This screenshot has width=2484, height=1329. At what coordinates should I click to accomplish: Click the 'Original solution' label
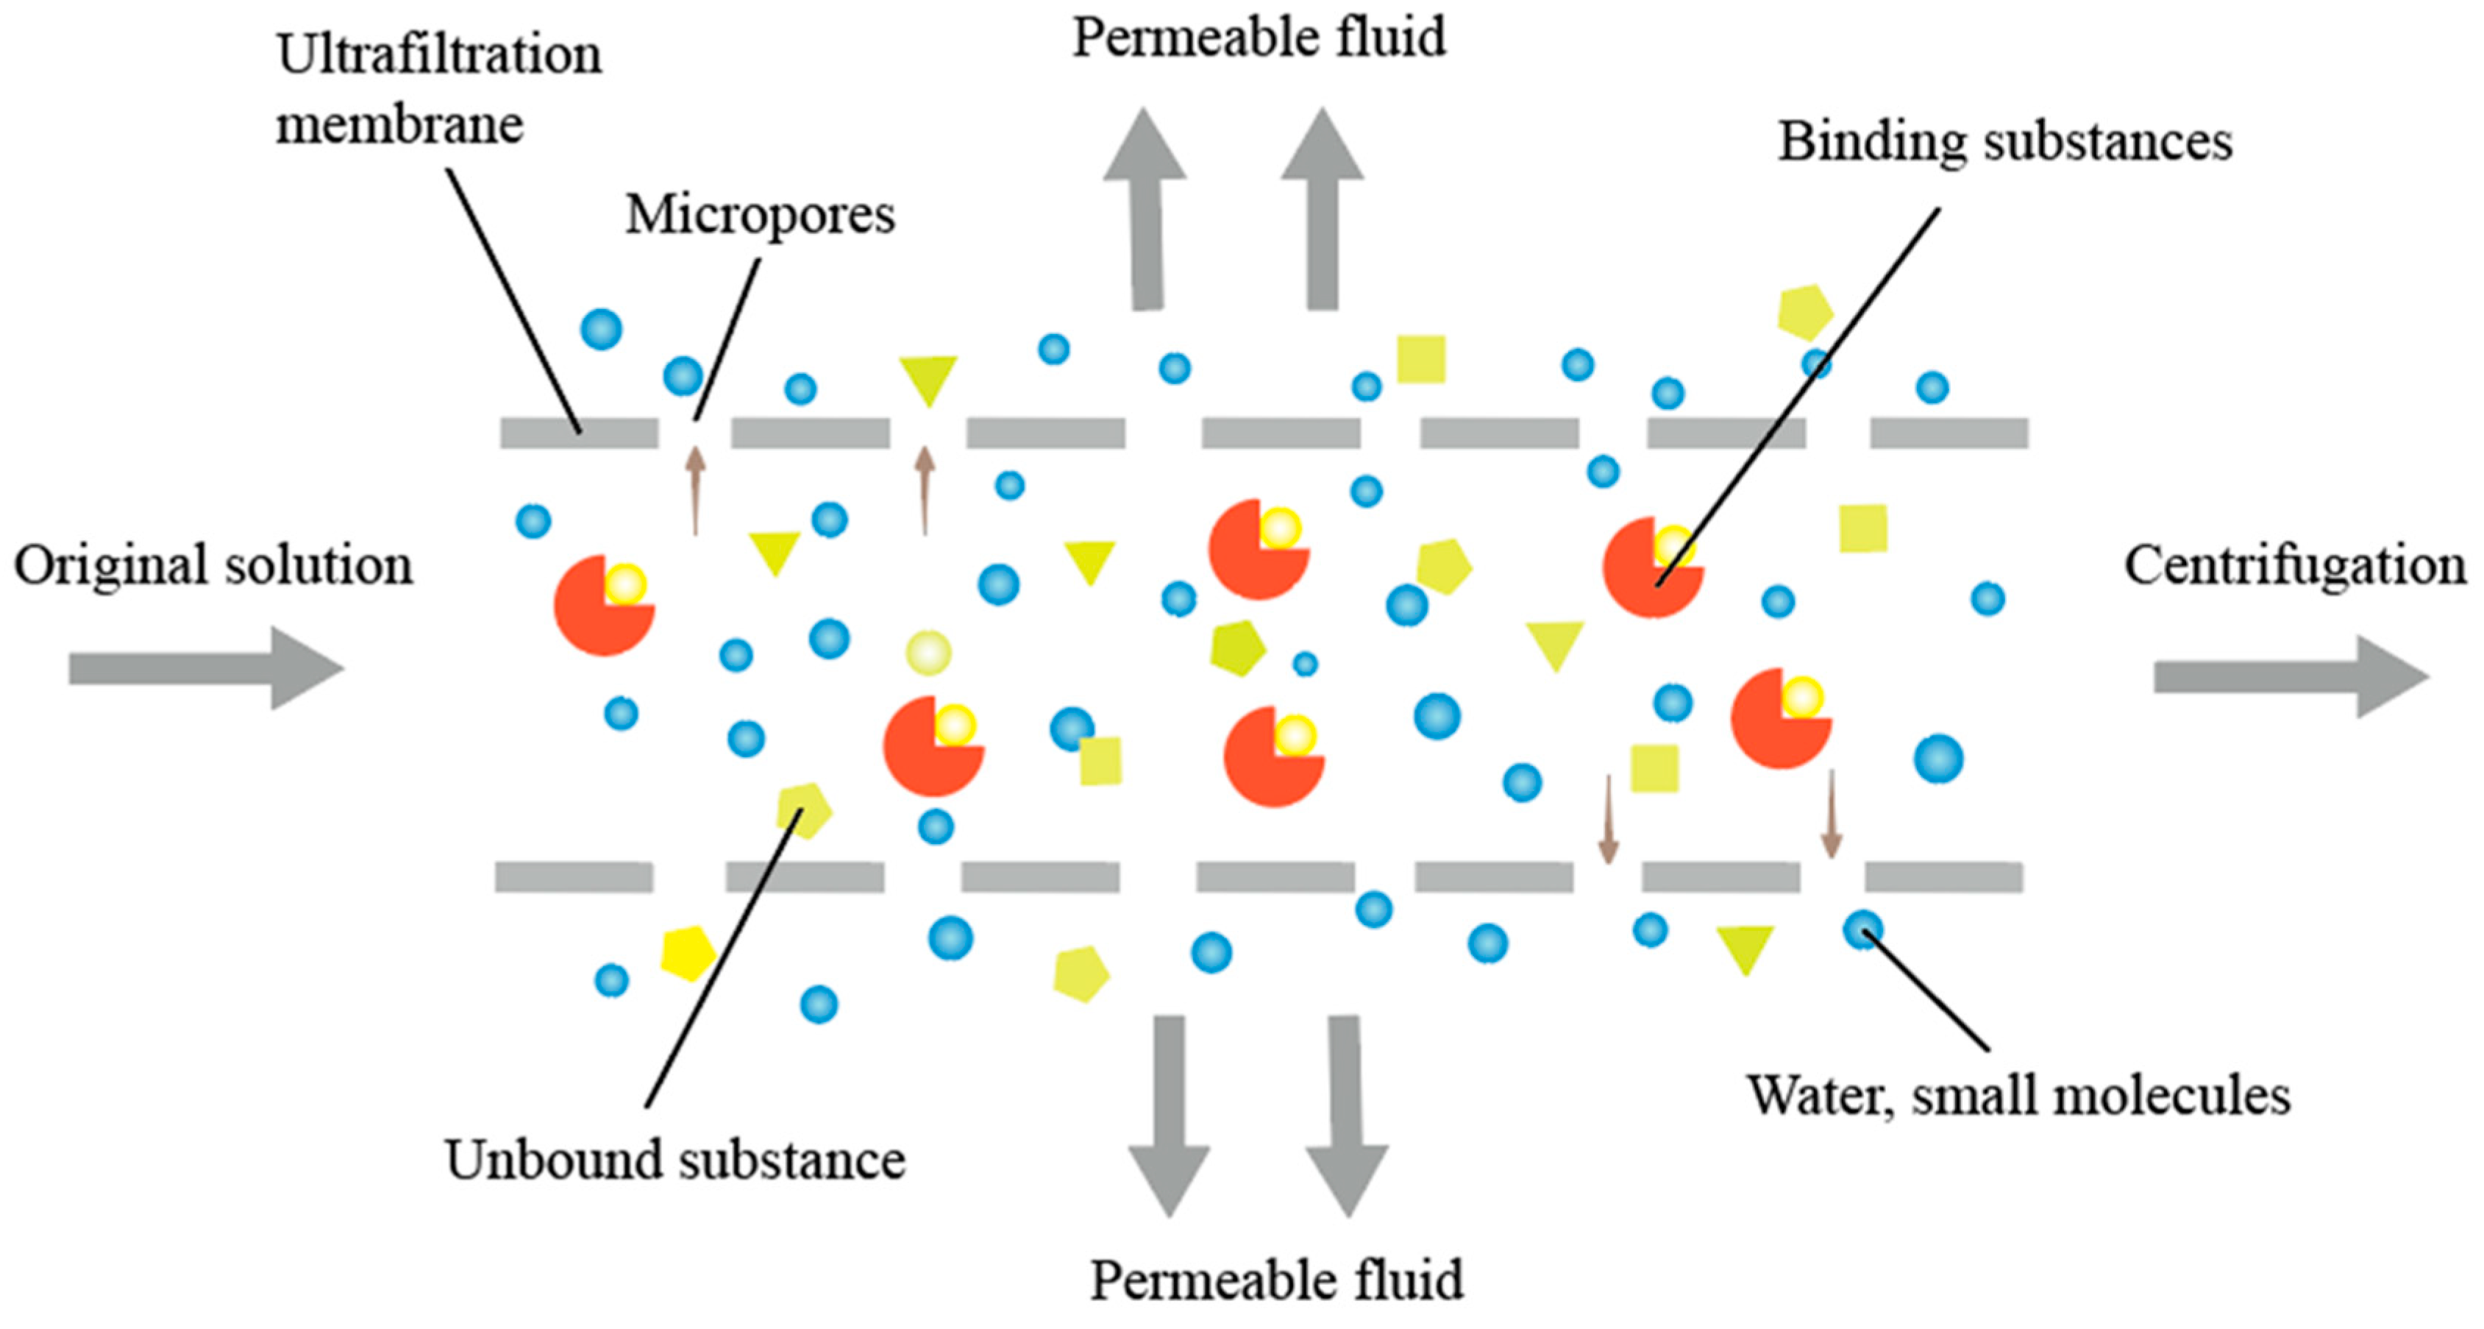(x=213, y=565)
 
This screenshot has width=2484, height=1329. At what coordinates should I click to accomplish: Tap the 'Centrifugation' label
(x=2294, y=565)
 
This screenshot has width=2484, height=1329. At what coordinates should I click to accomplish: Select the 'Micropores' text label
(x=760, y=214)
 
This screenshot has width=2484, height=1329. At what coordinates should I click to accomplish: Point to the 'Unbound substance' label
(x=675, y=1159)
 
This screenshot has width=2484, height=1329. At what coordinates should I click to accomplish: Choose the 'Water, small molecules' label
(x=2018, y=1096)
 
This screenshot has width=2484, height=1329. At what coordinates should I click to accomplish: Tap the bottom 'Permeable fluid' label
(x=1275, y=1280)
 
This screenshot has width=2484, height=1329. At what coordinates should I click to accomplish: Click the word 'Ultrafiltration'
(x=438, y=55)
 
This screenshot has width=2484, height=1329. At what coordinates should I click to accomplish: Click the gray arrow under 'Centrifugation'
(x=2290, y=677)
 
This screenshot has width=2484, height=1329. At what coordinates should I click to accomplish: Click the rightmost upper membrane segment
(x=1949, y=433)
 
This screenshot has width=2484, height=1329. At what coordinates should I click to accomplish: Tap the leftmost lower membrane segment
(x=574, y=876)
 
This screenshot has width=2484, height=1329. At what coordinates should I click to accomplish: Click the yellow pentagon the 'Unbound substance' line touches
(x=803, y=809)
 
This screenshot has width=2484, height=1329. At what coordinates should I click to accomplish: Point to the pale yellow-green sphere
(x=928, y=653)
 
